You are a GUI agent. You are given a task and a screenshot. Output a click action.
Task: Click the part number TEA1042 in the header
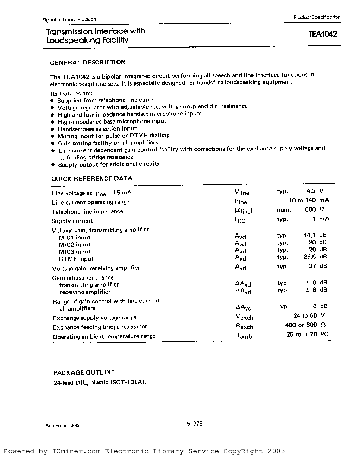click(323, 34)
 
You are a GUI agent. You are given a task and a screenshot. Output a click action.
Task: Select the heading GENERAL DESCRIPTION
click(88, 62)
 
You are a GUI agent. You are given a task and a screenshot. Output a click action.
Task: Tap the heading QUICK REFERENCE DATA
click(92, 178)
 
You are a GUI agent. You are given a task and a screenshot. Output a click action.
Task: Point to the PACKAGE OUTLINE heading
click(84, 372)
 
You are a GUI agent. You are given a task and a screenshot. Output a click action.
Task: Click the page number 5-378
click(195, 424)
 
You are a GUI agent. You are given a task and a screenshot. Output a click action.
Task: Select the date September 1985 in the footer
click(63, 425)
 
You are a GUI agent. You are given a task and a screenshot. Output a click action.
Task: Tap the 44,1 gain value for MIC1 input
click(309, 235)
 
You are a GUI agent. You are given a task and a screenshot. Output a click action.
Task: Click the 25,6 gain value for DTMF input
click(309, 257)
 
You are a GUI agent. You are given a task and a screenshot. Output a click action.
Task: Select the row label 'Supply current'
click(72, 221)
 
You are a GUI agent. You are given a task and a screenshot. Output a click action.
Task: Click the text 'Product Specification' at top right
click(317, 17)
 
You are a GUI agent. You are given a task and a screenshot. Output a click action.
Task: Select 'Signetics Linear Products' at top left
click(69, 20)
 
